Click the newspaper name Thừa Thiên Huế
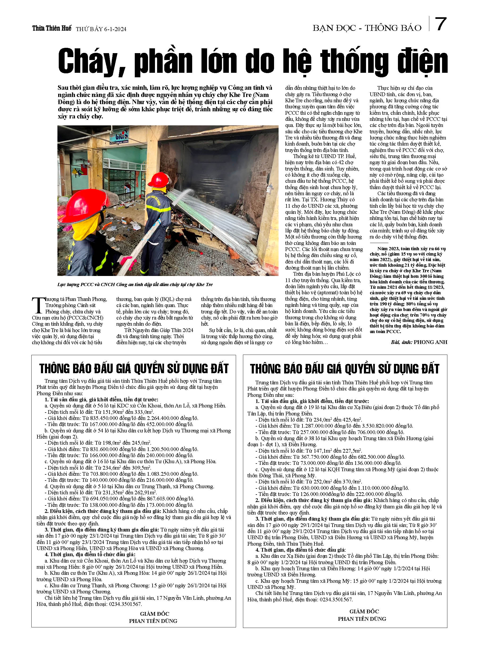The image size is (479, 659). pyautogui.click(x=52, y=28)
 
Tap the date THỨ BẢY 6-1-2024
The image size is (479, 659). pyautogui.click(x=101, y=29)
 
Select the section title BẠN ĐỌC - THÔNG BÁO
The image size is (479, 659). pyautogui.click(x=367, y=28)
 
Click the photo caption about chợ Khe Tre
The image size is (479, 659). pyautogui.click(x=135, y=284)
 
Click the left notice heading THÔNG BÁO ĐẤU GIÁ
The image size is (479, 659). pyautogui.click(x=134, y=368)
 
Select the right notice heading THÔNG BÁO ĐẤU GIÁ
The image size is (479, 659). pyautogui.click(x=345, y=368)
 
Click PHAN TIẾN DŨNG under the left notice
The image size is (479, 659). pyautogui.click(x=153, y=621)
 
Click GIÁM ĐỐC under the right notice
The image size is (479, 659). pyautogui.click(x=364, y=611)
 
